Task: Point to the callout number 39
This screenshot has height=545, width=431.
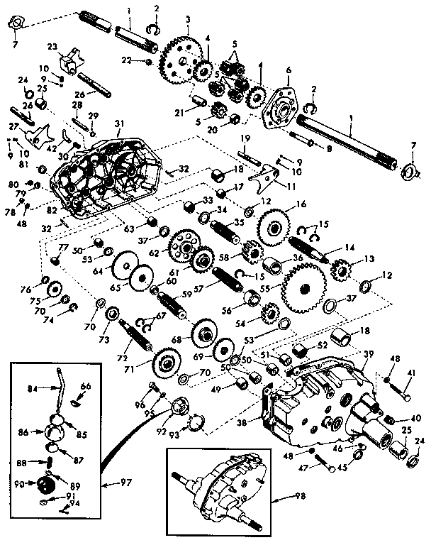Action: [x=367, y=353]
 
